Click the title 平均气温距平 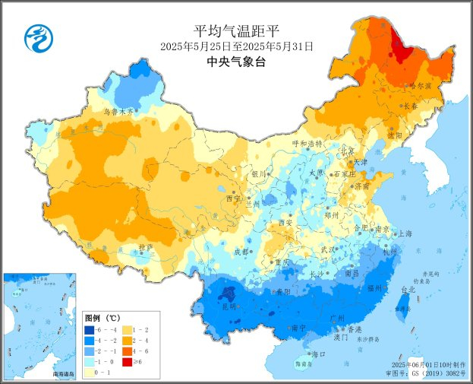pyautogui.click(x=237, y=31)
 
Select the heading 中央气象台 pyautogui.click(x=237, y=62)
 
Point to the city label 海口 pyautogui.click(x=319, y=354)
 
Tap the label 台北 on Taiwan pyautogui.click(x=408, y=290)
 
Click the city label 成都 pyautogui.click(x=241, y=252)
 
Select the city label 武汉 pyautogui.click(x=327, y=249)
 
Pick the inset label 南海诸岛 pyautogui.click(x=64, y=374)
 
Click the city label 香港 pyautogui.click(x=355, y=329)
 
